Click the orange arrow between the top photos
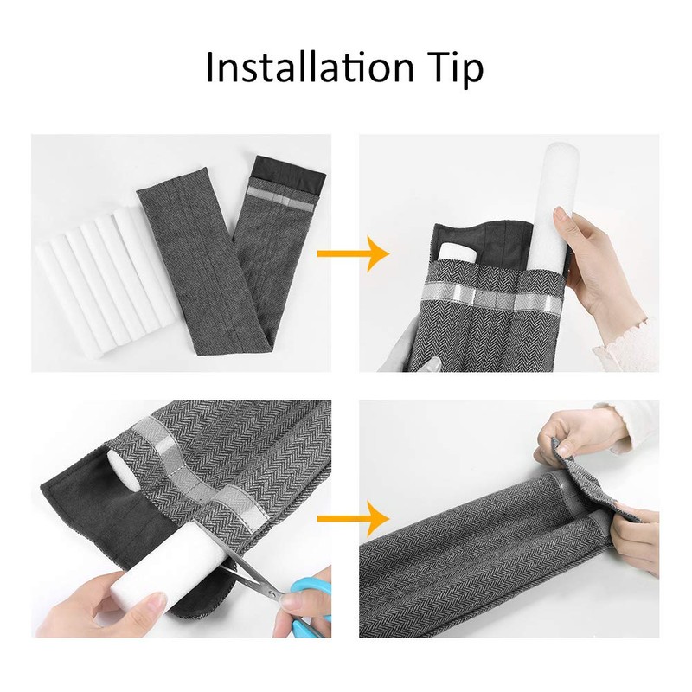(x=353, y=253)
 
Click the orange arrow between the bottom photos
(x=353, y=518)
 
